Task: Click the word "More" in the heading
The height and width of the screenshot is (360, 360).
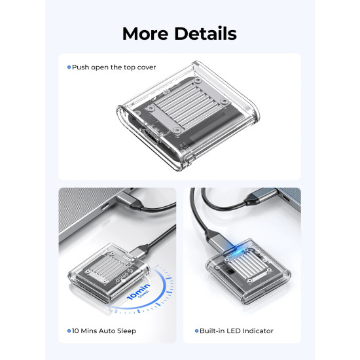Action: click(x=145, y=33)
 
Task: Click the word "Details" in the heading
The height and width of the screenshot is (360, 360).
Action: click(x=204, y=33)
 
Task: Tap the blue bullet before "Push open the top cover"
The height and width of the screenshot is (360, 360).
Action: click(x=69, y=67)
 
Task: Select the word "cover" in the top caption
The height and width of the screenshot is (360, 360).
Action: click(x=146, y=67)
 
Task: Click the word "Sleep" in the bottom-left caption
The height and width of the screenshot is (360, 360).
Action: click(x=126, y=331)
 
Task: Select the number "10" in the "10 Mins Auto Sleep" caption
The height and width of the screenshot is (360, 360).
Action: click(x=76, y=331)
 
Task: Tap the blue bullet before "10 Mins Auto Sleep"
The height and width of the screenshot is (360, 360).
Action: click(x=69, y=331)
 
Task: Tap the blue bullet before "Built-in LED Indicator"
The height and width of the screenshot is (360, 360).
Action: click(x=195, y=331)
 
